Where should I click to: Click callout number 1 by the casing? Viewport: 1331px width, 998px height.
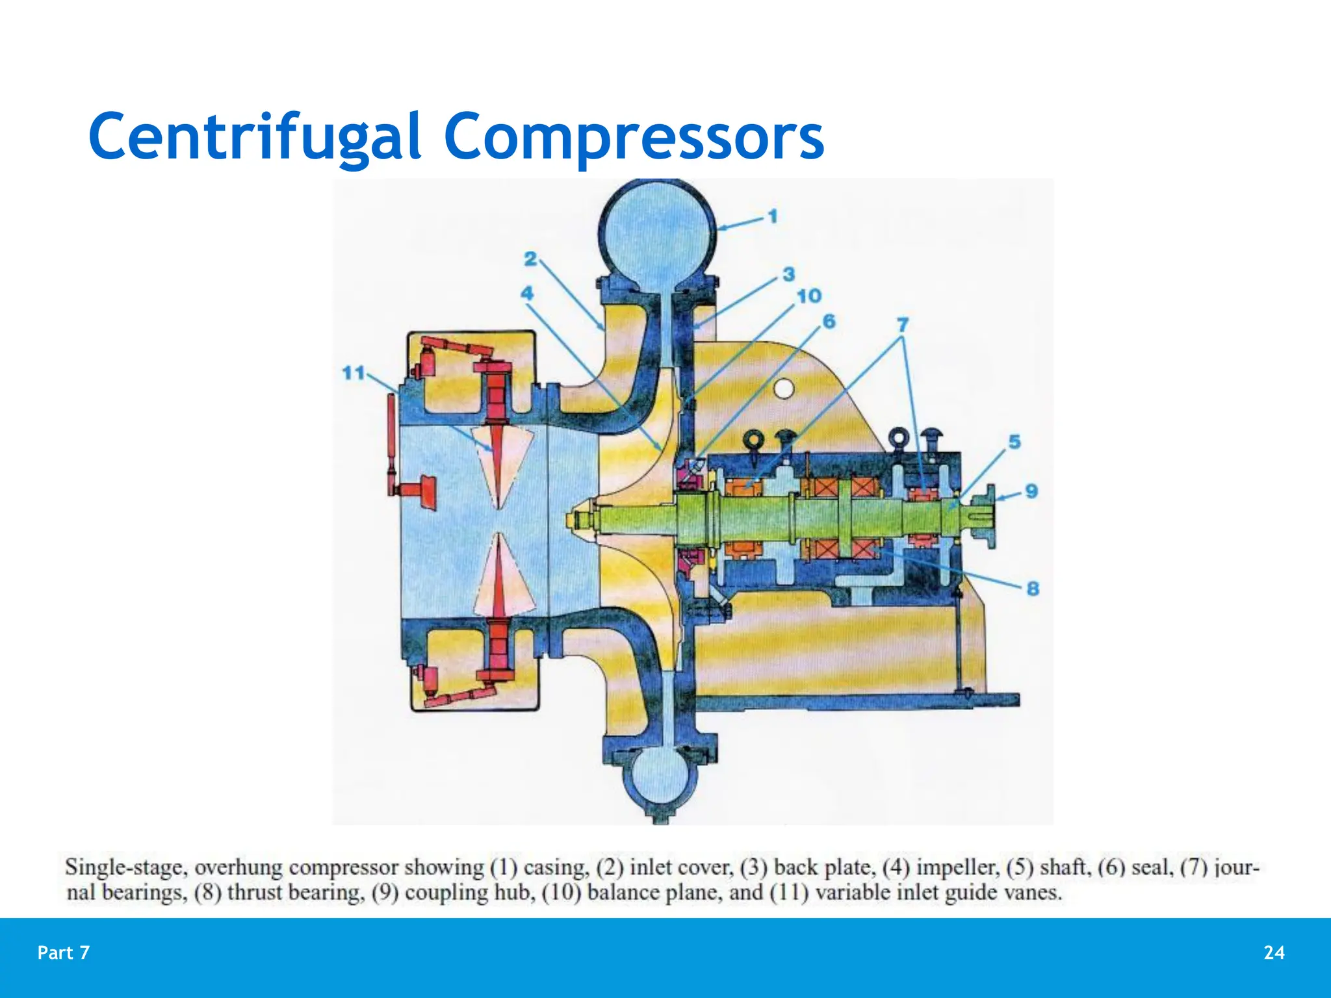pyautogui.click(x=773, y=216)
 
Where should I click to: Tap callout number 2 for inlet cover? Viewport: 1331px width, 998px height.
pyautogui.click(x=530, y=259)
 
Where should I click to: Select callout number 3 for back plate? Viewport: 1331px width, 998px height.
pyautogui.click(x=788, y=274)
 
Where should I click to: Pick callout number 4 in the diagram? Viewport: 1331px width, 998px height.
pyautogui.click(x=526, y=294)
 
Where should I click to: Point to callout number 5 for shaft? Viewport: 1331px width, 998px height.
pyautogui.click(x=1014, y=442)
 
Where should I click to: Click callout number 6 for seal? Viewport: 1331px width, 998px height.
pyautogui.click(x=829, y=322)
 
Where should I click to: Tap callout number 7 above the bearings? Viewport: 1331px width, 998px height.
pyautogui.click(x=903, y=324)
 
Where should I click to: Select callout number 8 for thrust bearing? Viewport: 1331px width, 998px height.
pyautogui.click(x=1033, y=589)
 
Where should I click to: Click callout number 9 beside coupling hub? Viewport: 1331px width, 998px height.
pyautogui.click(x=1031, y=491)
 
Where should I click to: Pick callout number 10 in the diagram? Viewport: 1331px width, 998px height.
pyautogui.click(x=809, y=296)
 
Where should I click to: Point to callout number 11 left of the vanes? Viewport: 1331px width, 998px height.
pyautogui.click(x=354, y=373)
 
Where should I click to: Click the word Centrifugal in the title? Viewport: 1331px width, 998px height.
pyautogui.click(x=255, y=136)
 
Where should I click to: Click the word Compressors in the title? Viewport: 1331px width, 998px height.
pyautogui.click(x=634, y=136)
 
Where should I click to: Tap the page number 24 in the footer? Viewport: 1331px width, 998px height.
pyautogui.click(x=1274, y=953)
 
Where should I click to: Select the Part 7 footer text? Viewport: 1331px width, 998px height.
pyautogui.click(x=64, y=953)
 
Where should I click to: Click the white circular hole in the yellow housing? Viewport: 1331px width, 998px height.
pyautogui.click(x=784, y=389)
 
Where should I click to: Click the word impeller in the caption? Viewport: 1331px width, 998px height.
pyautogui.click(x=957, y=867)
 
